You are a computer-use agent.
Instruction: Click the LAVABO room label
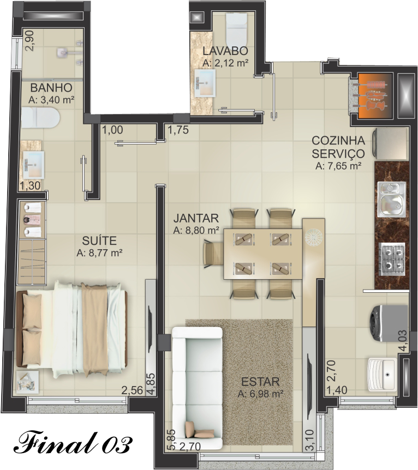(x=225, y=51)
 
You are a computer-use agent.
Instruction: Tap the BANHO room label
(x=51, y=88)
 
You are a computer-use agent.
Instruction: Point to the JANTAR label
(x=196, y=218)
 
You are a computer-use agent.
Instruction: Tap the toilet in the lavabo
(x=236, y=28)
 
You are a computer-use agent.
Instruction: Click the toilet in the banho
(x=40, y=118)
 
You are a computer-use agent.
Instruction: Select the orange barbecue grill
(x=374, y=95)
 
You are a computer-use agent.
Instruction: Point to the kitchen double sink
(x=392, y=200)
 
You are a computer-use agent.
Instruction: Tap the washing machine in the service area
(x=389, y=323)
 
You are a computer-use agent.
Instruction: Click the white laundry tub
(x=381, y=374)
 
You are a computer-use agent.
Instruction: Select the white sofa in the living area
(x=197, y=388)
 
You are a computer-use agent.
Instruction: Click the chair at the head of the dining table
(x=212, y=254)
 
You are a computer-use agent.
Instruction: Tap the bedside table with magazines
(x=27, y=381)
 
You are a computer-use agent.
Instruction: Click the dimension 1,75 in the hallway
(x=178, y=130)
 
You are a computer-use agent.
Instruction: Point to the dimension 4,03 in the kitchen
(x=403, y=340)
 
